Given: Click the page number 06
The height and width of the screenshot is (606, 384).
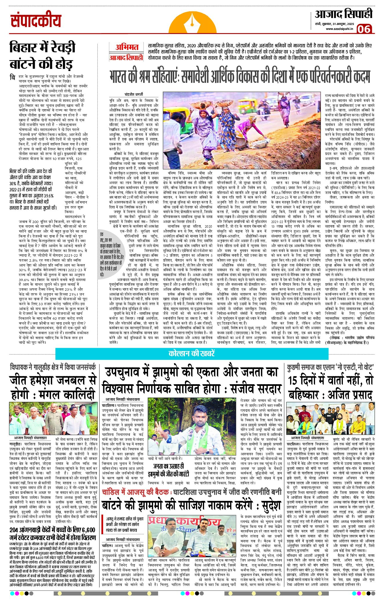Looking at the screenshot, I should tap(364, 29).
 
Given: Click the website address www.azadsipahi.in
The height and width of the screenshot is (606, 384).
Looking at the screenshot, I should tap(339, 29).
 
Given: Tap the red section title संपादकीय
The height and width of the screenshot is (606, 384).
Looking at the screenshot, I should tap(36, 21).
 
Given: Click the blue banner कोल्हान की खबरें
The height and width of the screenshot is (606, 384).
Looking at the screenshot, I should tap(192, 353).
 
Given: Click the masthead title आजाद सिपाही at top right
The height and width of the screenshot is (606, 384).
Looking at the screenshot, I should tap(344, 14).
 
